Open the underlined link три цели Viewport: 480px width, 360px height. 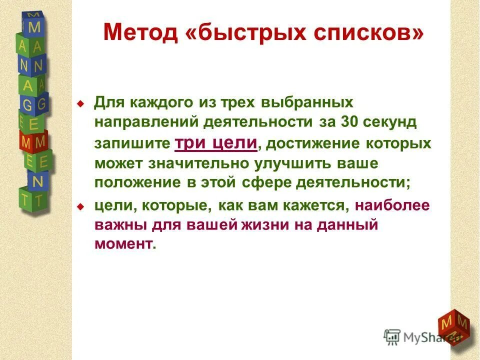click(216, 143)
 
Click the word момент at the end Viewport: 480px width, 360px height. click(122, 244)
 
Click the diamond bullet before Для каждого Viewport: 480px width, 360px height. click(80, 104)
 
